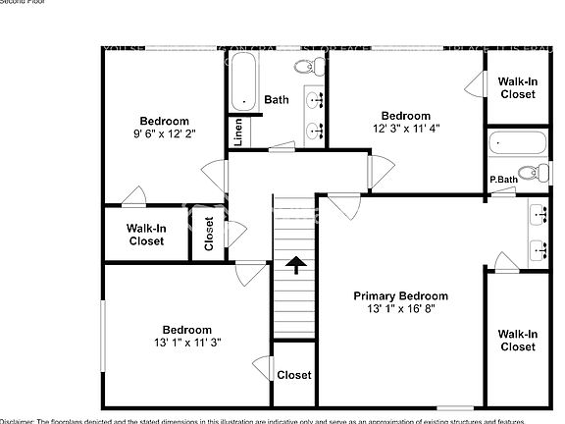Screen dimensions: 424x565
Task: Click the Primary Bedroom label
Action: (400, 295)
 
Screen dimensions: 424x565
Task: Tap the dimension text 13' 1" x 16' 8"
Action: (400, 309)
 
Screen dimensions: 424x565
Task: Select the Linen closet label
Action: (237, 132)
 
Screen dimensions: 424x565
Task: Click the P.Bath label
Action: (503, 180)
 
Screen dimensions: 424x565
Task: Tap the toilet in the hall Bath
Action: (307, 67)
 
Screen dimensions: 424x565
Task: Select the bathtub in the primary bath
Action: (518, 142)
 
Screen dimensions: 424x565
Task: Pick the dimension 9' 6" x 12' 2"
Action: (164, 133)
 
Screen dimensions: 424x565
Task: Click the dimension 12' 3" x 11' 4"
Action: (405, 128)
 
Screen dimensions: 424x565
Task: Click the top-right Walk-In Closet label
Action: (517, 88)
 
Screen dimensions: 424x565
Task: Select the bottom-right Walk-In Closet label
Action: (517, 340)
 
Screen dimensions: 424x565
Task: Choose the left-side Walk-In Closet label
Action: (145, 234)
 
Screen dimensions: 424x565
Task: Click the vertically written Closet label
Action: (209, 234)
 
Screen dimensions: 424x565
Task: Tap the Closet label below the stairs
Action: (293, 375)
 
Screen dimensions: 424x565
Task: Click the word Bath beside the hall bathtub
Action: (277, 99)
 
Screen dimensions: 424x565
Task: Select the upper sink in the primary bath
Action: (539, 212)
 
